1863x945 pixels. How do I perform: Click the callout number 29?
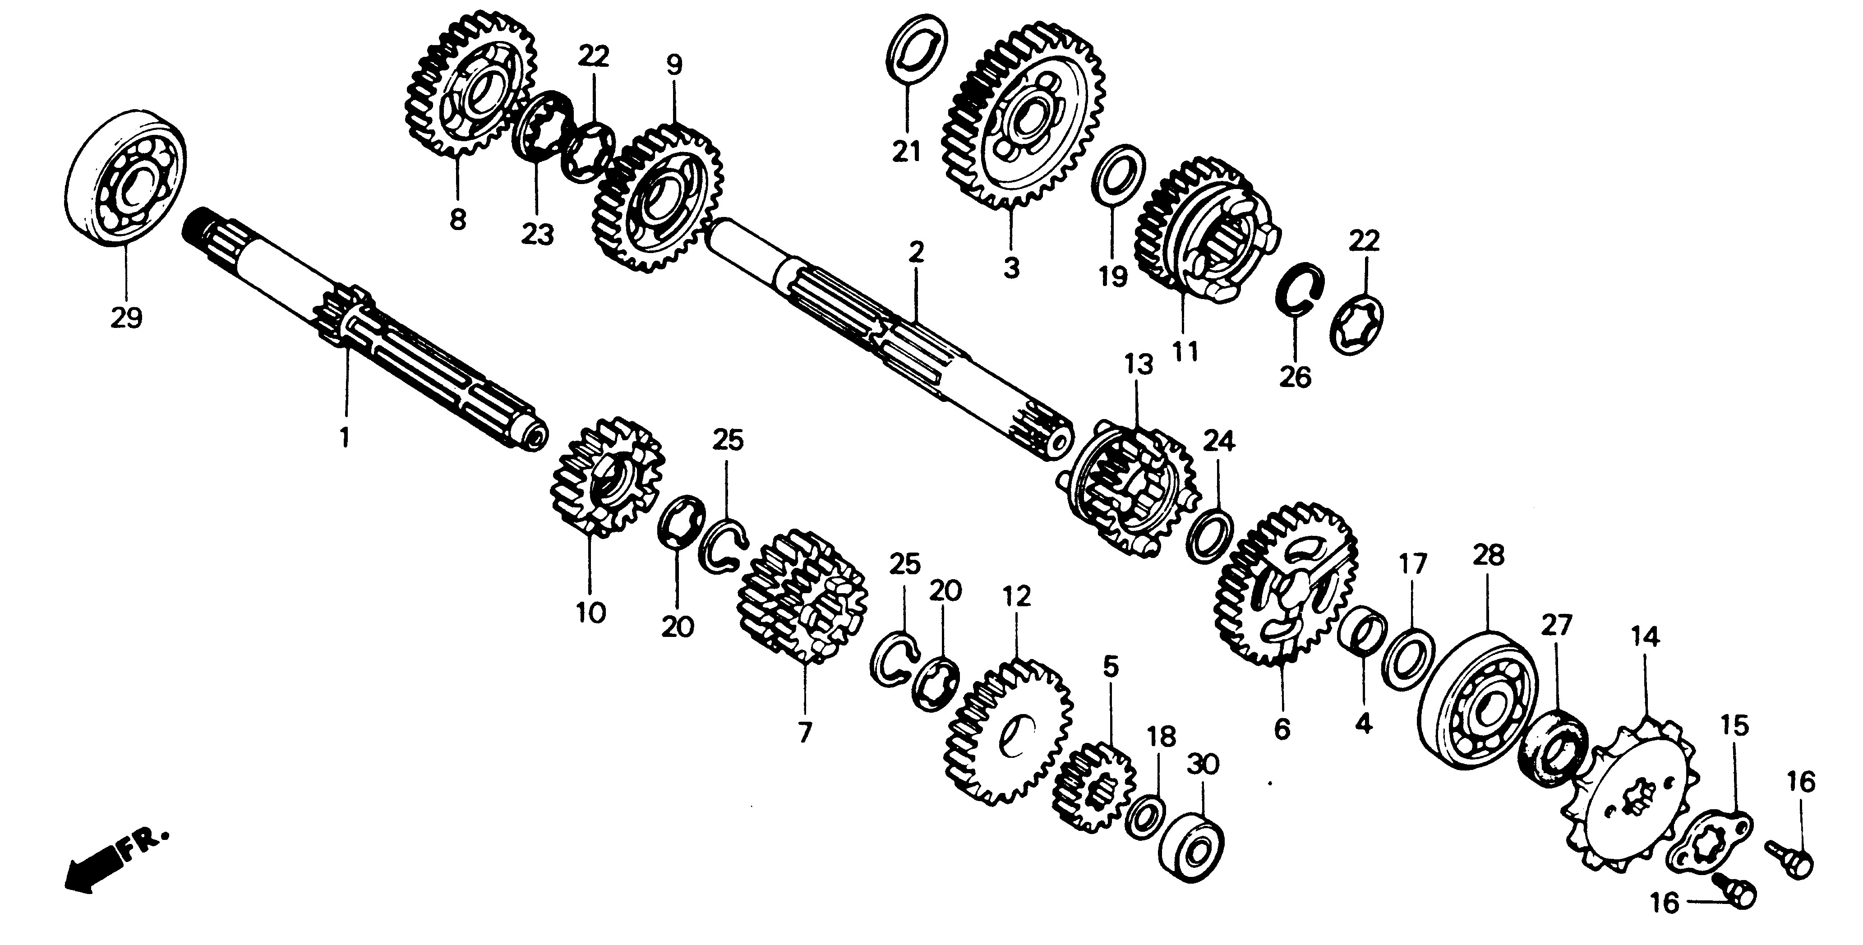coord(127,318)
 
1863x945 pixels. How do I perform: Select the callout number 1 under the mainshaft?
coord(345,437)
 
